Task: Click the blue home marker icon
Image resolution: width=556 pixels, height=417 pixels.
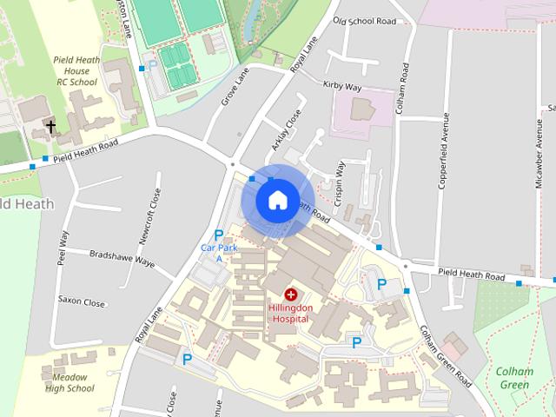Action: [x=277, y=200]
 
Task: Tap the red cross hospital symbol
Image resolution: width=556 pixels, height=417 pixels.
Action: [x=290, y=295]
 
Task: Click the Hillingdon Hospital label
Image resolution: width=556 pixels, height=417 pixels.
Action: [x=290, y=314]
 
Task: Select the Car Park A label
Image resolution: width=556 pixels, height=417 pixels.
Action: [x=218, y=253]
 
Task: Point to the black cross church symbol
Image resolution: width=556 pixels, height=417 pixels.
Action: [x=50, y=127]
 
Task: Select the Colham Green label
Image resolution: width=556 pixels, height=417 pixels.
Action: [x=513, y=378]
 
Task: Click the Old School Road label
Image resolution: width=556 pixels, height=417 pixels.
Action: [x=364, y=20]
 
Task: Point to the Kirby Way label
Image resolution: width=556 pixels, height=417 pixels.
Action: [x=341, y=87]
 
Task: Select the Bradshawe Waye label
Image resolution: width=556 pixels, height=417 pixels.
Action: [x=122, y=257]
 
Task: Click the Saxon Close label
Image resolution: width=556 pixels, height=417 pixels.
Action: [x=81, y=302]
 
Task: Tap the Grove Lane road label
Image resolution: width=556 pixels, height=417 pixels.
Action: [x=235, y=87]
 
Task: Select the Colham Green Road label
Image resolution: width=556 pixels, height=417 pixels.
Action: [x=445, y=356]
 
